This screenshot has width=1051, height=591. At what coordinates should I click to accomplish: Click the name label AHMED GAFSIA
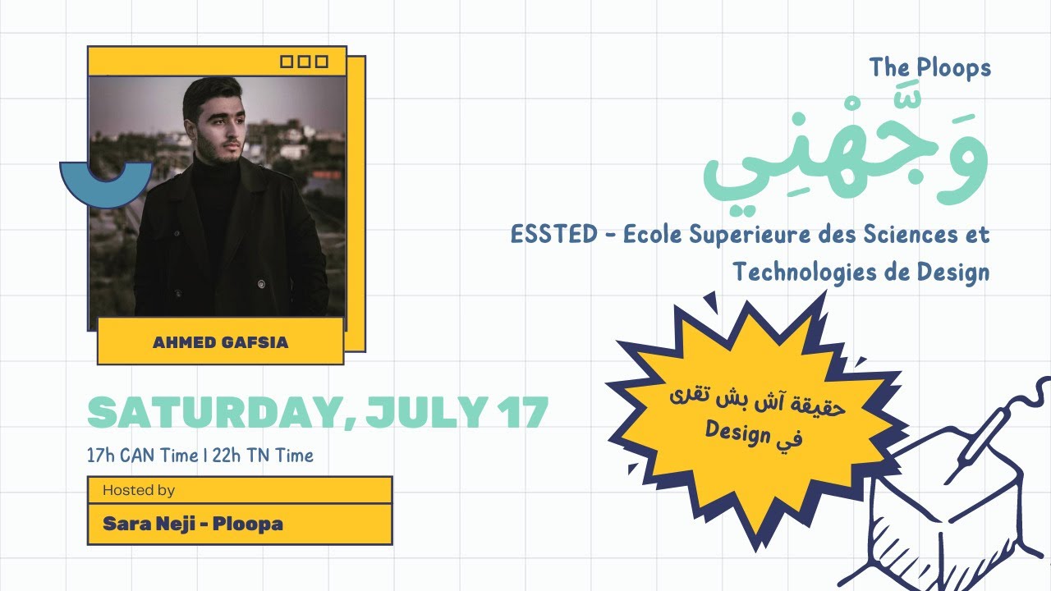tap(220, 342)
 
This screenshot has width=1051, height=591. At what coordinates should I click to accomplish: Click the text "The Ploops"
tap(930, 68)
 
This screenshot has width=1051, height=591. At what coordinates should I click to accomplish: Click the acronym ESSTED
tap(554, 235)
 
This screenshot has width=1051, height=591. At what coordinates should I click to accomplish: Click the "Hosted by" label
tap(139, 490)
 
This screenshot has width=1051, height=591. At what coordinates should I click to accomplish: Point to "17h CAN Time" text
tap(142, 455)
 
